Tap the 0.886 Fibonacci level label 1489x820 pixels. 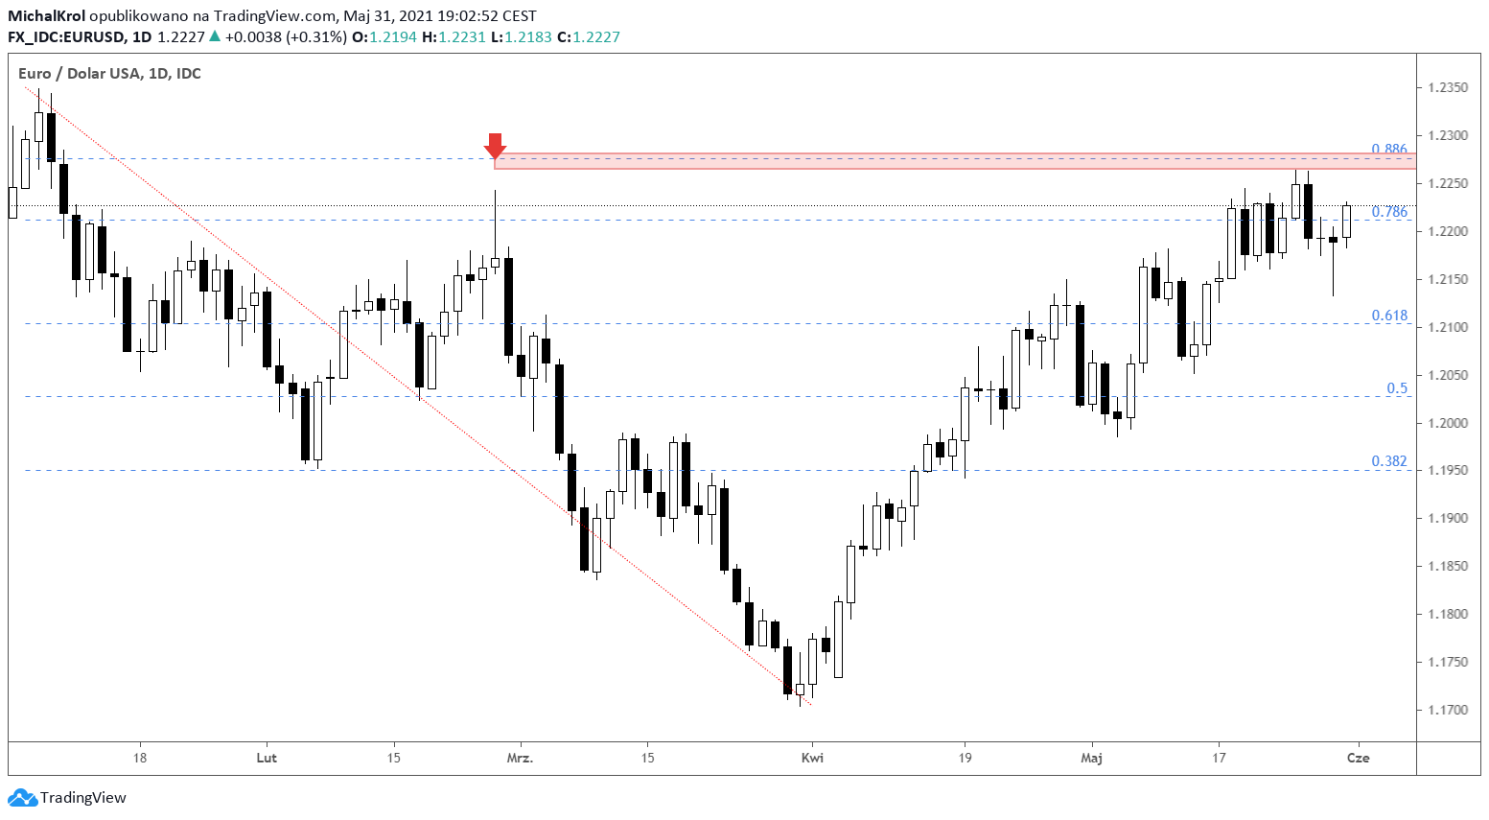click(x=1389, y=149)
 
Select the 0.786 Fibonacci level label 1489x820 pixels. click(x=1389, y=212)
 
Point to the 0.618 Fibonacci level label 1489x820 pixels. click(x=1389, y=316)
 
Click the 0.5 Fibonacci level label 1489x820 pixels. click(x=1397, y=387)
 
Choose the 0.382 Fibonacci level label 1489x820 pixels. click(x=1389, y=461)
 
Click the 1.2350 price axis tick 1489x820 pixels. click(x=1448, y=88)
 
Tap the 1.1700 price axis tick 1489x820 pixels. click(x=1448, y=710)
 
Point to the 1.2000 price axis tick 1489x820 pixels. click(x=1448, y=423)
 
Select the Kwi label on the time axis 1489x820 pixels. click(x=812, y=758)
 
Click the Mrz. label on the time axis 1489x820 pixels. click(x=520, y=758)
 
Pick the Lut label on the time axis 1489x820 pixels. click(x=267, y=758)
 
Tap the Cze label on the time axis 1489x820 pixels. click(x=1358, y=758)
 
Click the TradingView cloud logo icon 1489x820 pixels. click(x=22, y=797)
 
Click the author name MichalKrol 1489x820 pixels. click(x=47, y=15)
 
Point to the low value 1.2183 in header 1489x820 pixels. click(x=528, y=37)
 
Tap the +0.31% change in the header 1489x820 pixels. click(x=316, y=37)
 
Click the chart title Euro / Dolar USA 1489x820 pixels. click(x=80, y=73)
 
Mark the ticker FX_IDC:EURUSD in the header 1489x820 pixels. click(x=66, y=37)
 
